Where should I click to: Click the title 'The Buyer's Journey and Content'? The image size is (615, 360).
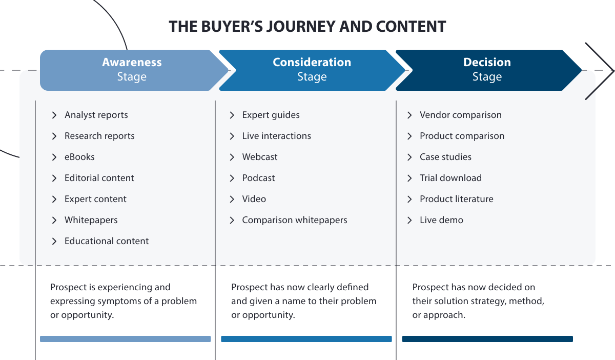pyautogui.click(x=307, y=27)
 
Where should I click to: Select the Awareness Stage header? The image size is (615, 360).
pyautogui.click(x=132, y=70)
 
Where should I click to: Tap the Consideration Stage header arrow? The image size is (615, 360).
pyautogui.click(x=312, y=70)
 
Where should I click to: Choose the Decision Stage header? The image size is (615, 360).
pyautogui.click(x=487, y=70)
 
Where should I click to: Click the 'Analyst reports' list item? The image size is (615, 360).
pyautogui.click(x=96, y=115)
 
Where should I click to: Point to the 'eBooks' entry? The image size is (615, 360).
pyautogui.click(x=79, y=157)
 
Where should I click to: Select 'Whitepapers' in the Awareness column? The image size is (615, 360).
pyautogui.click(x=91, y=220)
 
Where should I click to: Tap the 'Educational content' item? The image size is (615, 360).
pyautogui.click(x=106, y=241)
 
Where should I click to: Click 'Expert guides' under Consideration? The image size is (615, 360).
pyautogui.click(x=271, y=115)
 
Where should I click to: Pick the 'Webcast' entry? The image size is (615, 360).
pyautogui.click(x=259, y=157)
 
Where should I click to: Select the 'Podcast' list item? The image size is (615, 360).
pyautogui.click(x=258, y=178)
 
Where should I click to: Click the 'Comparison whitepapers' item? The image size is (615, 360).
pyautogui.click(x=294, y=220)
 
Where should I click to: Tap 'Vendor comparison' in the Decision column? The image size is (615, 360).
pyautogui.click(x=460, y=115)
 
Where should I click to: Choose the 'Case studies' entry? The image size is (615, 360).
pyautogui.click(x=445, y=157)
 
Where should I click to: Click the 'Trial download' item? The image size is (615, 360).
pyautogui.click(x=450, y=178)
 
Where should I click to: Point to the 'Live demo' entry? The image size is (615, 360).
pyautogui.click(x=441, y=220)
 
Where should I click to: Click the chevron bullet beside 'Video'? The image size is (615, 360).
pyautogui.click(x=232, y=199)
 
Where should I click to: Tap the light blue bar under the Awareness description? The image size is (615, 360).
pyautogui.click(x=126, y=339)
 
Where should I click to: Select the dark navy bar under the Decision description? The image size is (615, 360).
pyautogui.click(x=487, y=339)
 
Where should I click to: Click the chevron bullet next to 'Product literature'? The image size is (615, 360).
pyautogui.click(x=409, y=199)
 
